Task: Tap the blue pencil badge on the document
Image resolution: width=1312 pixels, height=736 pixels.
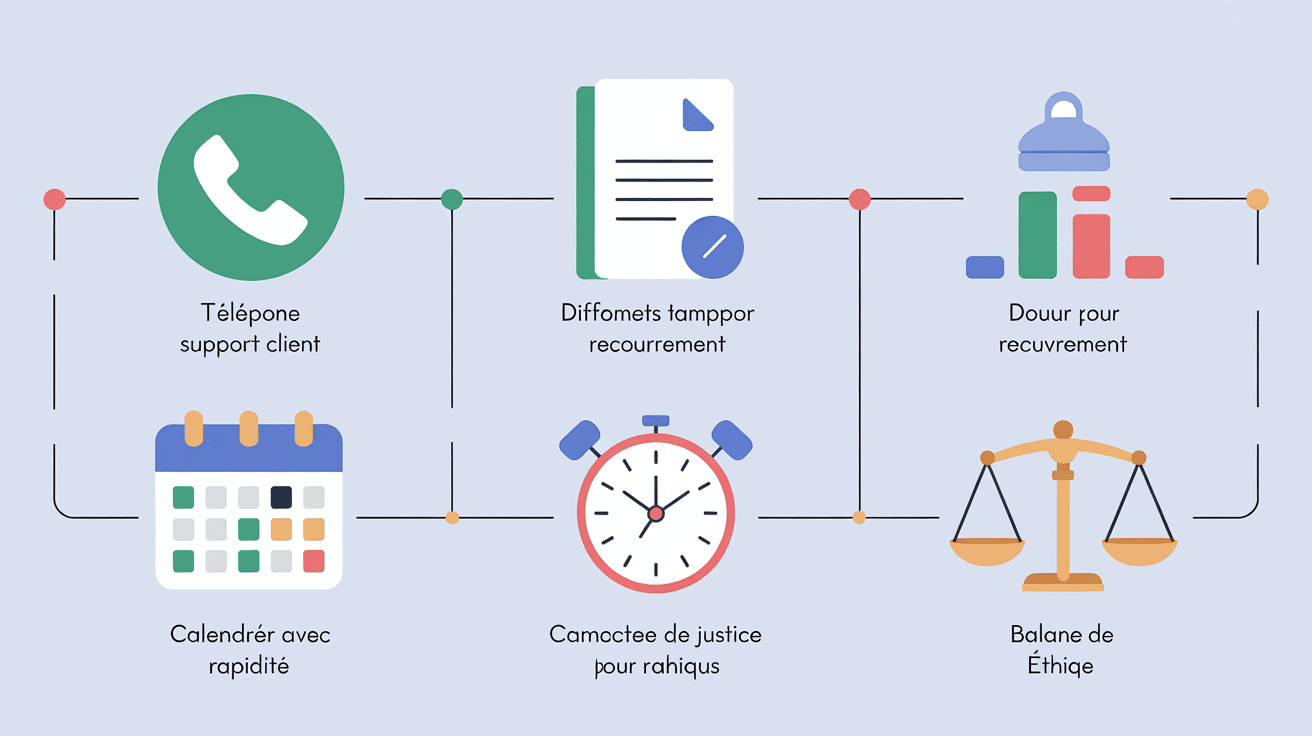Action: click(x=712, y=247)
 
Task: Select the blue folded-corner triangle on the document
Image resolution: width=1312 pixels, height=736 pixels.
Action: click(x=696, y=115)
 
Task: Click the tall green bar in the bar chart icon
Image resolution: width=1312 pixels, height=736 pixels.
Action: click(x=1037, y=235)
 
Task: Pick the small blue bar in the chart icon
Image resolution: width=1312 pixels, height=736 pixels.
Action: click(x=984, y=267)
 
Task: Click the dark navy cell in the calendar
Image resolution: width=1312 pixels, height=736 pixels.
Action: click(x=281, y=497)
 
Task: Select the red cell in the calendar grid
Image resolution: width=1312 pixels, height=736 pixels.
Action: click(x=313, y=561)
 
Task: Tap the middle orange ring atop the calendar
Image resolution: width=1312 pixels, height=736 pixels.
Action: click(x=249, y=428)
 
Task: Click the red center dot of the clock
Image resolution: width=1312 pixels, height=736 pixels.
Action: click(x=656, y=513)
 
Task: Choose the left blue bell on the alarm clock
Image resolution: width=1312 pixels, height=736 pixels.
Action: click(x=580, y=439)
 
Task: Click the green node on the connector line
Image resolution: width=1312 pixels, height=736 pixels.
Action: click(x=452, y=199)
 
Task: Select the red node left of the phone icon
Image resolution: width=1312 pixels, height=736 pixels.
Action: click(x=54, y=199)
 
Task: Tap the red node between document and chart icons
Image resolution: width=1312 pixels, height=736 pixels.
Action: click(x=859, y=199)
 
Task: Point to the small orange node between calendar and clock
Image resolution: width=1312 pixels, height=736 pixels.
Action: click(x=452, y=517)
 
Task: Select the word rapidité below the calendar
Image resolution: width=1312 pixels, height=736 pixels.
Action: click(x=249, y=665)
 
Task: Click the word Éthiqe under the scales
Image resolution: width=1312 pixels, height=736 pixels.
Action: click(x=1060, y=665)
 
